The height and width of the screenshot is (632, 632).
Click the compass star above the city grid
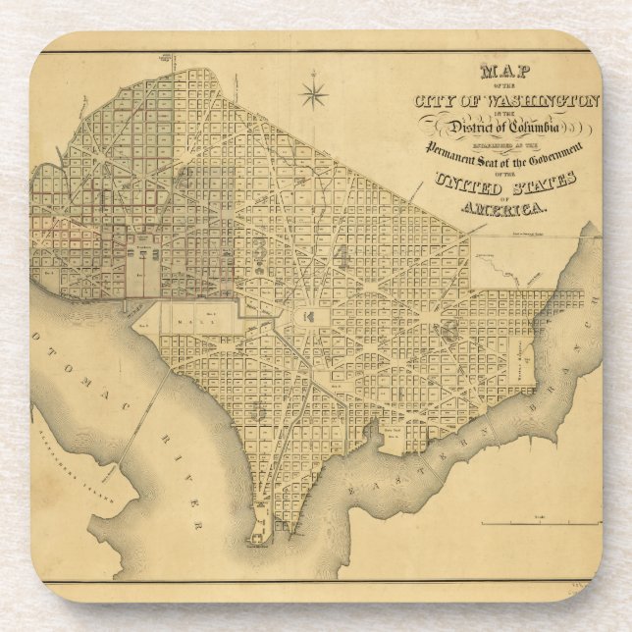[315, 94]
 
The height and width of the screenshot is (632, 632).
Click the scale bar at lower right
[535, 523]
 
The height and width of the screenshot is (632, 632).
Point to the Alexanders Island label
[86, 480]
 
